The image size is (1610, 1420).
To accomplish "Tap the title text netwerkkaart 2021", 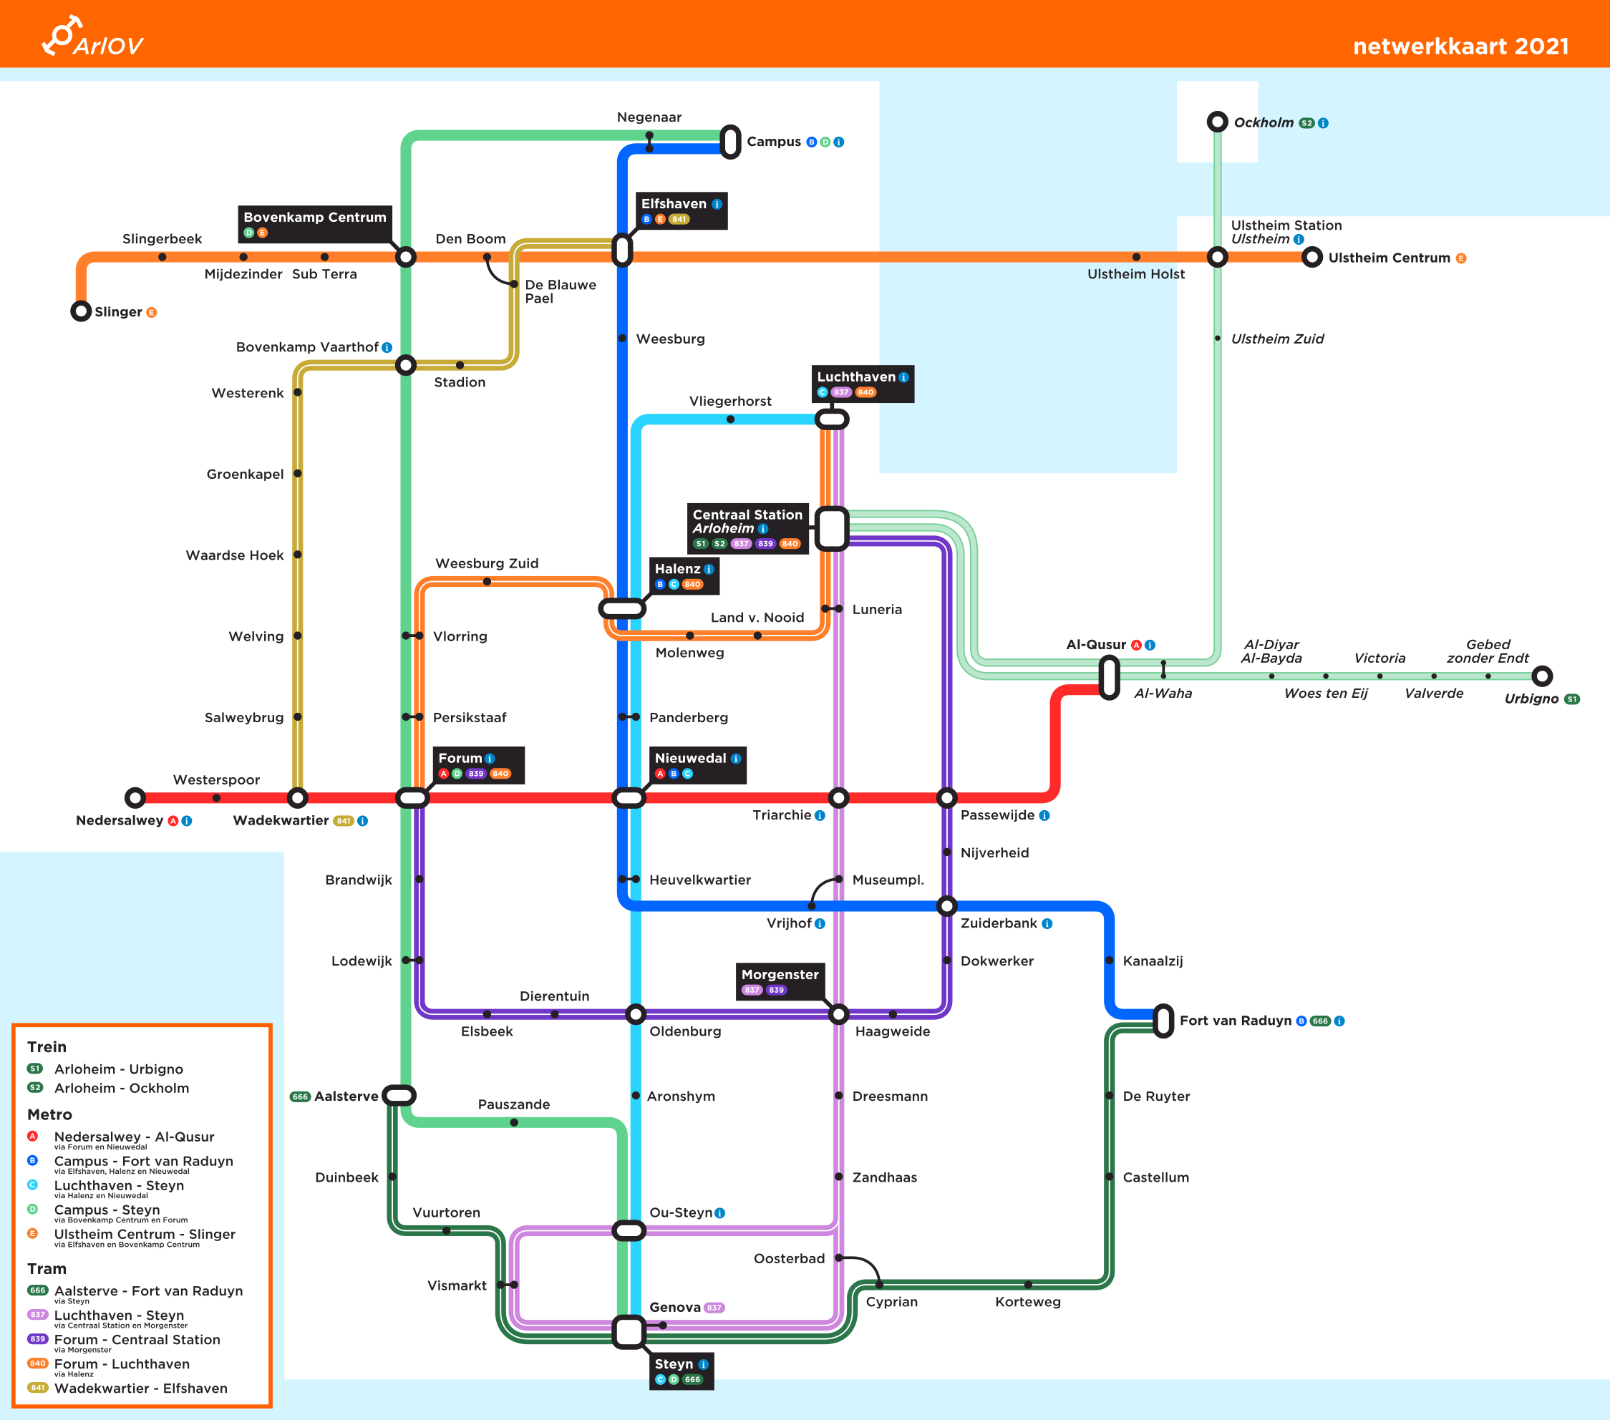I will [x=1460, y=47].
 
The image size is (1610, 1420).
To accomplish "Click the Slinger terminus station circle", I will [x=80, y=311].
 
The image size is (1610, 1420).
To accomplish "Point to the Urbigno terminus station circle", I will [x=1541, y=676].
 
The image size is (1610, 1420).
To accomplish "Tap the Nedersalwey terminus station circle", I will [x=135, y=798].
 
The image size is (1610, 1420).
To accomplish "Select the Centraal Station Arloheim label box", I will [x=747, y=528].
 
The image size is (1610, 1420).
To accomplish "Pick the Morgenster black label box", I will [x=780, y=981].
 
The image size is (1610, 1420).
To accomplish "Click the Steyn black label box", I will [x=682, y=1371].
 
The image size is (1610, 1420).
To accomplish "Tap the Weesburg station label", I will [x=670, y=339].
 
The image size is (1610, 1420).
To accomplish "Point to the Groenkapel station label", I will [x=245, y=474].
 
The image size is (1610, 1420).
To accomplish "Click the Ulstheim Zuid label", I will [x=1277, y=339].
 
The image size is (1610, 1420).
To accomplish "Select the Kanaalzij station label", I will [x=1153, y=961].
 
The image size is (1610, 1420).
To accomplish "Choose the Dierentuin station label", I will [x=554, y=996].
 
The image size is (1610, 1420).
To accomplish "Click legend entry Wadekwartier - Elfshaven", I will [x=140, y=1388].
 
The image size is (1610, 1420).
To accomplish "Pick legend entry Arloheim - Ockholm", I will [x=121, y=1088].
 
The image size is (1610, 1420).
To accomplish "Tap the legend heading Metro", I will [x=49, y=1114].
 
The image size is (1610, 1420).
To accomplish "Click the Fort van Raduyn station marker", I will [x=1163, y=1021].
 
